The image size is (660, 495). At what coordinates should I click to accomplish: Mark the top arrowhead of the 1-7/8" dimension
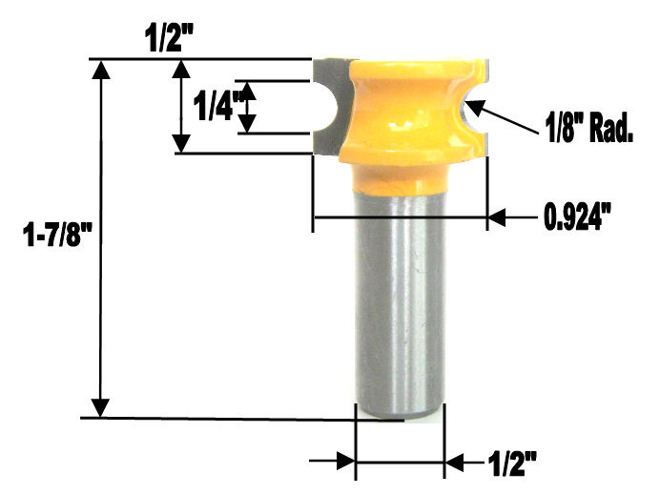[x=99, y=67]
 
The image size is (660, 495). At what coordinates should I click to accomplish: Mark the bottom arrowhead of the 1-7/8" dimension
[x=99, y=409]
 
